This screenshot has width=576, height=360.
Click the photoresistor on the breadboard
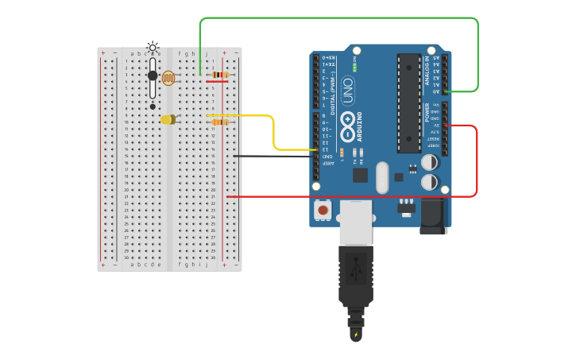tap(168, 78)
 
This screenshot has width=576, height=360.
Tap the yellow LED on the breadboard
tap(168, 120)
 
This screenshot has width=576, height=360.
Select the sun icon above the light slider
tap(153, 47)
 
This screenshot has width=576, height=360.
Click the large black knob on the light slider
tap(153, 75)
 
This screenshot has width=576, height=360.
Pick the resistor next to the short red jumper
tap(220, 75)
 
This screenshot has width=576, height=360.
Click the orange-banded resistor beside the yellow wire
tap(220, 122)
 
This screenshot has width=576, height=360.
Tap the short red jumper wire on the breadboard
tap(218, 81)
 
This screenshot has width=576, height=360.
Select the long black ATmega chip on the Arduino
tap(409, 103)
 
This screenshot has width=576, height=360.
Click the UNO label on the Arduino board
tap(348, 91)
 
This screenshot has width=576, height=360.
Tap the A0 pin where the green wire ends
tap(446, 91)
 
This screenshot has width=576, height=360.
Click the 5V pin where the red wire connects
tap(446, 126)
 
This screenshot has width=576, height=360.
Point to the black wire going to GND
tap(270, 156)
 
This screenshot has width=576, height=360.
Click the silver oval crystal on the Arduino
tap(382, 177)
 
